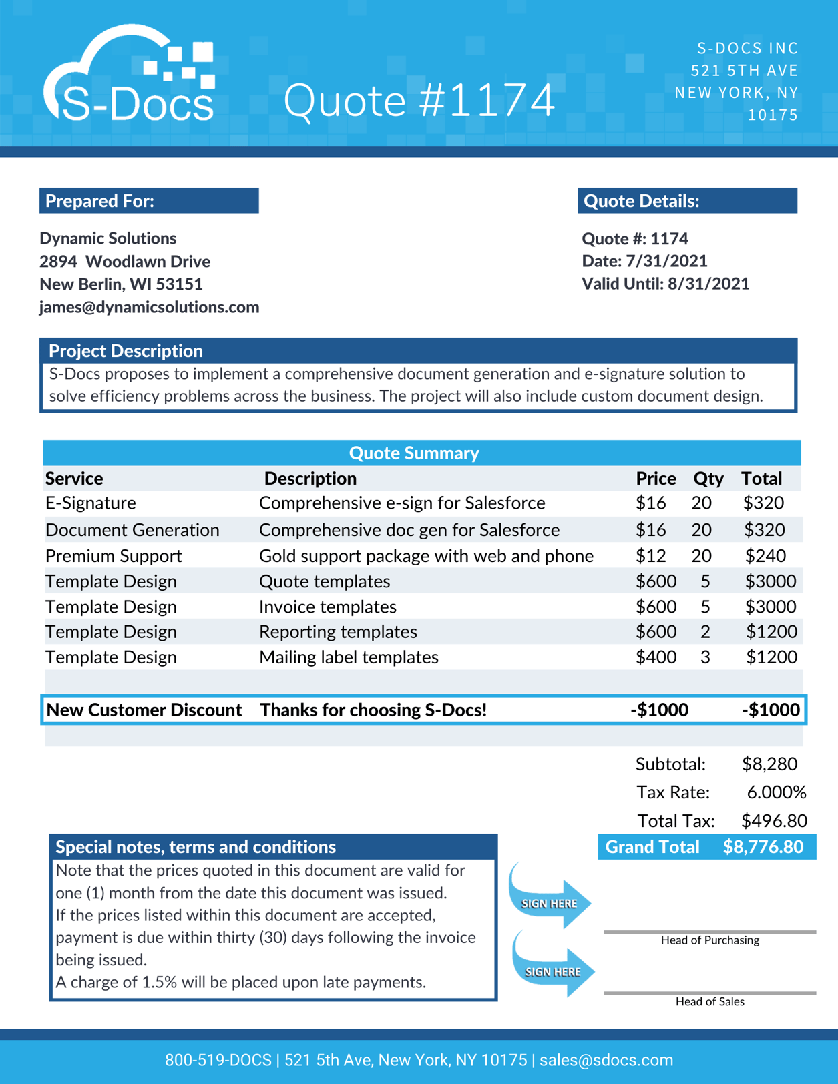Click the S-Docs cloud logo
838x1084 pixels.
[x=130, y=77]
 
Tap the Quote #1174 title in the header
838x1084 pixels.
[x=419, y=100]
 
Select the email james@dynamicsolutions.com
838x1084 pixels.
[x=149, y=307]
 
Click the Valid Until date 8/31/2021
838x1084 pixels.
[x=708, y=284]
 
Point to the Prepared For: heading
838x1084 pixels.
[x=100, y=201]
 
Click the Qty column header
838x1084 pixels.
[x=708, y=479]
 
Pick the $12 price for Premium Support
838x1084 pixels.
[x=650, y=556]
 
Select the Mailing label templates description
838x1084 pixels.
[x=349, y=657]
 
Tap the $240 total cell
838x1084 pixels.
[x=765, y=556]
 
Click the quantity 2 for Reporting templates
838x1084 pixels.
[x=705, y=632]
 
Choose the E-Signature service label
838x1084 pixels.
[x=91, y=503]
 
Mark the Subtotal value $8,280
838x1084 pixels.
[x=769, y=764]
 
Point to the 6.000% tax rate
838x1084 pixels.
[x=776, y=792]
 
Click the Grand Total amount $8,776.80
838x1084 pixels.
[x=763, y=847]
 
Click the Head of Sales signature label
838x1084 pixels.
[x=710, y=1001]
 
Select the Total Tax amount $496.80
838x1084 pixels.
[x=774, y=821]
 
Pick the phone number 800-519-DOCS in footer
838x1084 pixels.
[x=218, y=1060]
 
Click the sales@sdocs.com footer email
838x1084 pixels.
[x=606, y=1060]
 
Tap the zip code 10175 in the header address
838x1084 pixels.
[x=773, y=115]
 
